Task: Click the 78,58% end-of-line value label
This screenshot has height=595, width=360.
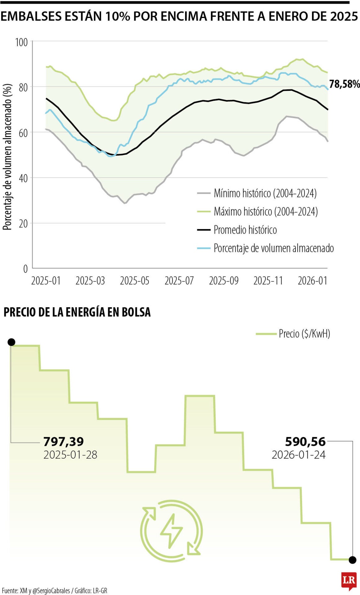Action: point(344,84)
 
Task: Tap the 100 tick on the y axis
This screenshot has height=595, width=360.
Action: point(22,42)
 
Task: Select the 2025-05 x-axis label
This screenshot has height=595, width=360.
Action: point(135,281)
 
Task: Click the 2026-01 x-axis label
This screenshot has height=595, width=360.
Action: point(312,281)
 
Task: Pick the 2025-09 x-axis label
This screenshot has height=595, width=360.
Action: point(224,281)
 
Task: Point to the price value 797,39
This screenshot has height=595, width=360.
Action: point(64,441)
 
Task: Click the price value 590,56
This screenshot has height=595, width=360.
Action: point(305,441)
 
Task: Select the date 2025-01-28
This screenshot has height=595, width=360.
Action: point(70,455)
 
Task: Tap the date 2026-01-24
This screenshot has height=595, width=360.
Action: point(299,455)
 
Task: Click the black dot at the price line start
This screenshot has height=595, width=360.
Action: point(11,342)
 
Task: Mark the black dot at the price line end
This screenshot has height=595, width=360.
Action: point(352,560)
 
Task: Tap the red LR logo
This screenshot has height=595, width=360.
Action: point(349,580)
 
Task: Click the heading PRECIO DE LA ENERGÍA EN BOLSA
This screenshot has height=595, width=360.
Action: point(77,312)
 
